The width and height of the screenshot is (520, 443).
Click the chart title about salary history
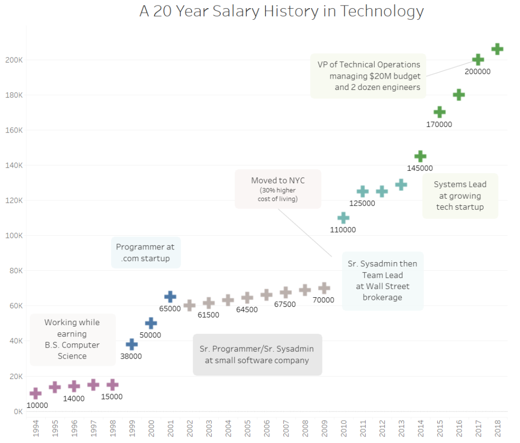[281, 11]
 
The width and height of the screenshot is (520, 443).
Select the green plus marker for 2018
[497, 49]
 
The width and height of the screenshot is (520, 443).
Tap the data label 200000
[477, 72]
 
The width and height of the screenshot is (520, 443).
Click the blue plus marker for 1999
[132, 344]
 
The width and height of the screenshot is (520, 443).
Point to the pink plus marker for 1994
[36, 393]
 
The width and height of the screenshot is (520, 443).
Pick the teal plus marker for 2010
[343, 218]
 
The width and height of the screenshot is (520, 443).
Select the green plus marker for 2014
[420, 156]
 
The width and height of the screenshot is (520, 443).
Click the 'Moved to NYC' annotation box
[278, 189]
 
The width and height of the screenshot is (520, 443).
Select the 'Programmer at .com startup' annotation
[145, 252]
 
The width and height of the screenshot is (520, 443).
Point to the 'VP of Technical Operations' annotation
[368, 76]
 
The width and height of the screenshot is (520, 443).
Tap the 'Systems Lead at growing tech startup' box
[460, 196]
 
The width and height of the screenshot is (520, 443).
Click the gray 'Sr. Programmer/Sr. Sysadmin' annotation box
[257, 355]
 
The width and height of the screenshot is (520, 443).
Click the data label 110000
[343, 230]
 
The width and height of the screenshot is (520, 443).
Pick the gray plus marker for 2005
[247, 298]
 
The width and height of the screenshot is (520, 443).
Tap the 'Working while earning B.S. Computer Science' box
[72, 339]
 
